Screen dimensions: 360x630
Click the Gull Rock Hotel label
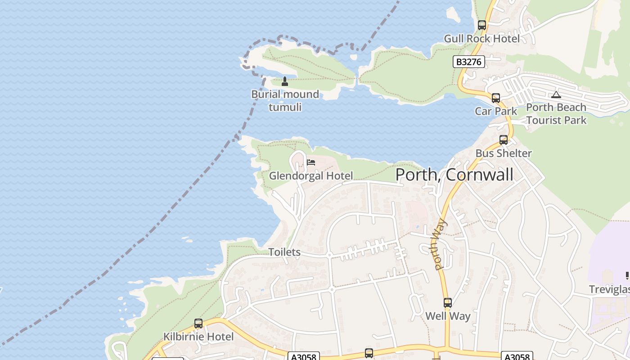(x=481, y=39)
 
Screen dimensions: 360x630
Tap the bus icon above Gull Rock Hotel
(x=482, y=25)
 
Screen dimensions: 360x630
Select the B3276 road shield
(x=468, y=62)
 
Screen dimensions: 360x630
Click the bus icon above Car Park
(x=496, y=98)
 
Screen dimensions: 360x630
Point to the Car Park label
(x=496, y=111)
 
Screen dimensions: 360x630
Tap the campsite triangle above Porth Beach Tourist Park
(x=556, y=94)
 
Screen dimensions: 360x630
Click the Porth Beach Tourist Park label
(x=556, y=114)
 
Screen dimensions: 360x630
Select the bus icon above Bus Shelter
(x=504, y=140)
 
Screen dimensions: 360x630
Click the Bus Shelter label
(x=504, y=153)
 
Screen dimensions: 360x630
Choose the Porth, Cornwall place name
(x=454, y=175)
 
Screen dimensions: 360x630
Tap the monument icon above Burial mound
(x=284, y=81)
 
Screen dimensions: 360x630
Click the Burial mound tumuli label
(x=285, y=101)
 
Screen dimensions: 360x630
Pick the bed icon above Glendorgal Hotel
(x=311, y=162)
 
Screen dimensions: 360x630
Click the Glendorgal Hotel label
(x=311, y=176)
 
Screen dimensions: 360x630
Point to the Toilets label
(x=284, y=252)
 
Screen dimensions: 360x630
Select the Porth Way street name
(x=439, y=244)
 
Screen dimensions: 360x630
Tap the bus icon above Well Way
(x=447, y=303)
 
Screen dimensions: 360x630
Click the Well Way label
(x=448, y=316)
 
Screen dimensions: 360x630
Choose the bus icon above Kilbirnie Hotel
(x=198, y=323)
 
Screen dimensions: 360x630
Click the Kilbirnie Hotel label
(x=198, y=337)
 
